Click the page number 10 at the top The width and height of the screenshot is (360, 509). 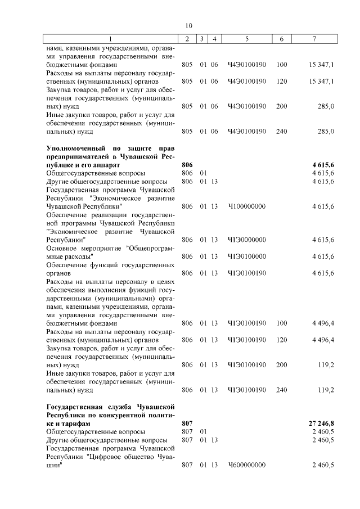[x=188, y=25]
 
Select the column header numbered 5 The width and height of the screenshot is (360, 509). [x=246, y=39]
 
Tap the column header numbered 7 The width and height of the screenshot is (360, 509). [x=321, y=39]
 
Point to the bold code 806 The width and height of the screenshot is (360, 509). [x=188, y=164]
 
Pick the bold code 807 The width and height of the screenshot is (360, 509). [x=188, y=422]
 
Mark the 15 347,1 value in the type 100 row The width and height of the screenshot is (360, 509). [x=322, y=65]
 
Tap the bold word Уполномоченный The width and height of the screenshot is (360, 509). [x=74, y=148]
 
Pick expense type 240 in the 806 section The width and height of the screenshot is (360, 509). [x=282, y=389]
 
